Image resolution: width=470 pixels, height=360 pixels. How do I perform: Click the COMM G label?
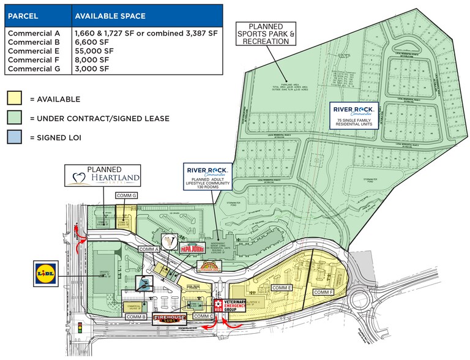127,196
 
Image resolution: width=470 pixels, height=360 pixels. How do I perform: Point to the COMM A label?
149,250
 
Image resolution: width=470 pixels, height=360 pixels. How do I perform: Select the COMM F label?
324,293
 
